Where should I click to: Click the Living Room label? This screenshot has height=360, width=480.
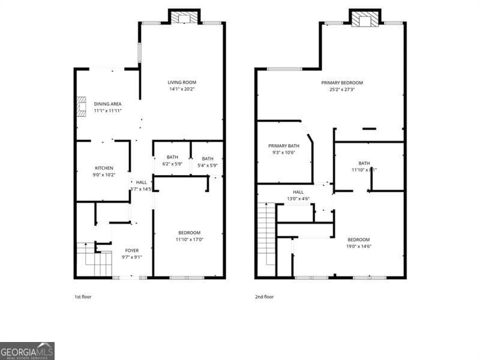point(181,83)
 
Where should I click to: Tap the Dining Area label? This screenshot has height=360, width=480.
point(107,104)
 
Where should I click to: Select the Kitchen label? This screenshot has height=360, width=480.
point(104,168)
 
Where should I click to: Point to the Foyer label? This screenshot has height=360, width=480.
point(131,250)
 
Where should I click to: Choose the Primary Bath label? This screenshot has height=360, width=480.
point(283,146)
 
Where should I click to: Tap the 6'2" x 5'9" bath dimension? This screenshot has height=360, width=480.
point(173,164)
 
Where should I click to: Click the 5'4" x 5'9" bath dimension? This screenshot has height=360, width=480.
point(207,165)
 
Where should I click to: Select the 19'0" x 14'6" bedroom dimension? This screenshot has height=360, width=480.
point(358,246)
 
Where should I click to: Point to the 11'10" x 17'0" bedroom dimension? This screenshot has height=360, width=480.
point(189,239)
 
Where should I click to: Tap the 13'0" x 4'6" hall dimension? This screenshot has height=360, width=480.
point(298,199)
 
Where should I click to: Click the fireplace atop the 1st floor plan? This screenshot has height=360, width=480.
point(184,18)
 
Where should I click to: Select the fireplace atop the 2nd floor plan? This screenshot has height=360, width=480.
point(365,19)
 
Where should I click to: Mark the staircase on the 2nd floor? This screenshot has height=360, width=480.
point(265,239)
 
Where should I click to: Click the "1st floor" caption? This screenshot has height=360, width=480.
point(83,296)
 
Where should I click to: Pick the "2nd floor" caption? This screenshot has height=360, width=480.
point(264,296)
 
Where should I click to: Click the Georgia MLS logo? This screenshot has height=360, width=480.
point(27,350)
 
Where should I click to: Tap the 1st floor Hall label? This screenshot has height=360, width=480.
point(141,182)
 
